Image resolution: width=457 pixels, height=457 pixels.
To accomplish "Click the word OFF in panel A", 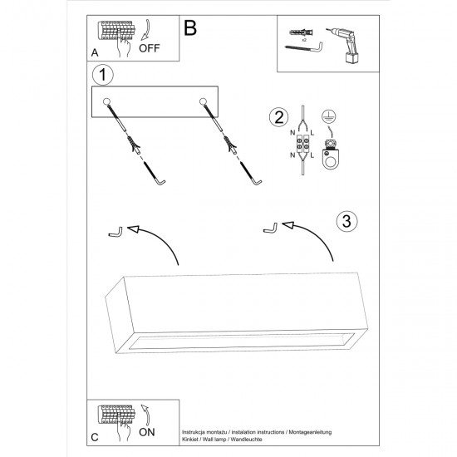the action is pyautogui.click(x=150, y=48).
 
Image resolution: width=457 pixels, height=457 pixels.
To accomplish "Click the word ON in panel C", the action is pyautogui.click(x=147, y=432).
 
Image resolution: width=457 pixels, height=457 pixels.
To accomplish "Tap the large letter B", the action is pyautogui.click(x=190, y=28).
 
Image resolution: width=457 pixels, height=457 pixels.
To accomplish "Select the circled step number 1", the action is pyautogui.click(x=102, y=75).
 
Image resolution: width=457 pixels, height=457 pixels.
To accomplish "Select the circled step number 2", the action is pyautogui.click(x=279, y=117).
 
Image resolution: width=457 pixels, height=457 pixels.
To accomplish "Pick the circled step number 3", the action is pyautogui.click(x=346, y=221).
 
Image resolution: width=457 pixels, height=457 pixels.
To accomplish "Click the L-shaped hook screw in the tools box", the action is pyautogui.click(x=303, y=48).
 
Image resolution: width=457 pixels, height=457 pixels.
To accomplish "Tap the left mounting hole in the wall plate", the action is pyautogui.click(x=106, y=101).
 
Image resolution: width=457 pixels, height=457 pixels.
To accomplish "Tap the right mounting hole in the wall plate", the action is pyautogui.click(x=203, y=101).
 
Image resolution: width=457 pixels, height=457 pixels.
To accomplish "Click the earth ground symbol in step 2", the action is pyautogui.click(x=328, y=116).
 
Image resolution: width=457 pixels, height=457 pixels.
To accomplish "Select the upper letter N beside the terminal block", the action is pyautogui.click(x=292, y=133).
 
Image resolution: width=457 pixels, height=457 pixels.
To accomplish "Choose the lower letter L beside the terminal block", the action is pyautogui.click(x=312, y=155).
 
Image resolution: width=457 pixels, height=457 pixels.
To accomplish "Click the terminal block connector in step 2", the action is pyautogui.click(x=302, y=145).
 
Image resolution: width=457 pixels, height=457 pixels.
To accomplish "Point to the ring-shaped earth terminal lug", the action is pyautogui.click(x=330, y=158).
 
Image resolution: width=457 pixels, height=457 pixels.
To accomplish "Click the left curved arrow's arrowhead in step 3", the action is pyautogui.click(x=133, y=229).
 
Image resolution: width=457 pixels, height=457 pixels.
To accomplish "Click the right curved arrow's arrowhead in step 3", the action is pyautogui.click(x=288, y=225).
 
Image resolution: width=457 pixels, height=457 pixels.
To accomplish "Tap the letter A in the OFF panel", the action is pyautogui.click(x=95, y=53).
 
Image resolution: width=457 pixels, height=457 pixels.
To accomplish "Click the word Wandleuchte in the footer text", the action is pyautogui.click(x=246, y=440).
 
